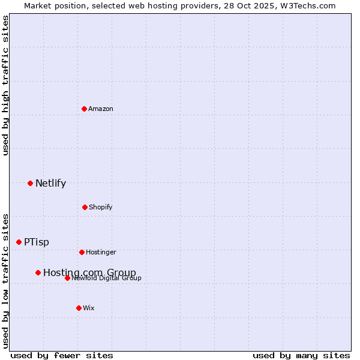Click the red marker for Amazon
tap(84, 109)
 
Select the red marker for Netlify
tap(30, 183)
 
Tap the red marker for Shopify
tap(85, 207)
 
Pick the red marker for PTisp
tap(19, 242)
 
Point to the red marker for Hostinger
tap(82, 252)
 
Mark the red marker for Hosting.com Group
tap(38, 272)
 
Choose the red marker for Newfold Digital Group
tap(67, 278)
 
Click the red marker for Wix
tap(79, 308)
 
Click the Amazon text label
tap(101, 109)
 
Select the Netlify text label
tap(50, 184)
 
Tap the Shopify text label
tap(101, 207)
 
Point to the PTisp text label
tap(37, 242)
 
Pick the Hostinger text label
tap(101, 252)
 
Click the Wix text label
tap(89, 308)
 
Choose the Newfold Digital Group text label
tap(107, 278)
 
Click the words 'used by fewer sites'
tap(62, 355)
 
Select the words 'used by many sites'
tap(301, 355)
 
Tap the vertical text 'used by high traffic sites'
tap(5, 85)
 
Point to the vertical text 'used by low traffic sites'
tap(5, 281)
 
